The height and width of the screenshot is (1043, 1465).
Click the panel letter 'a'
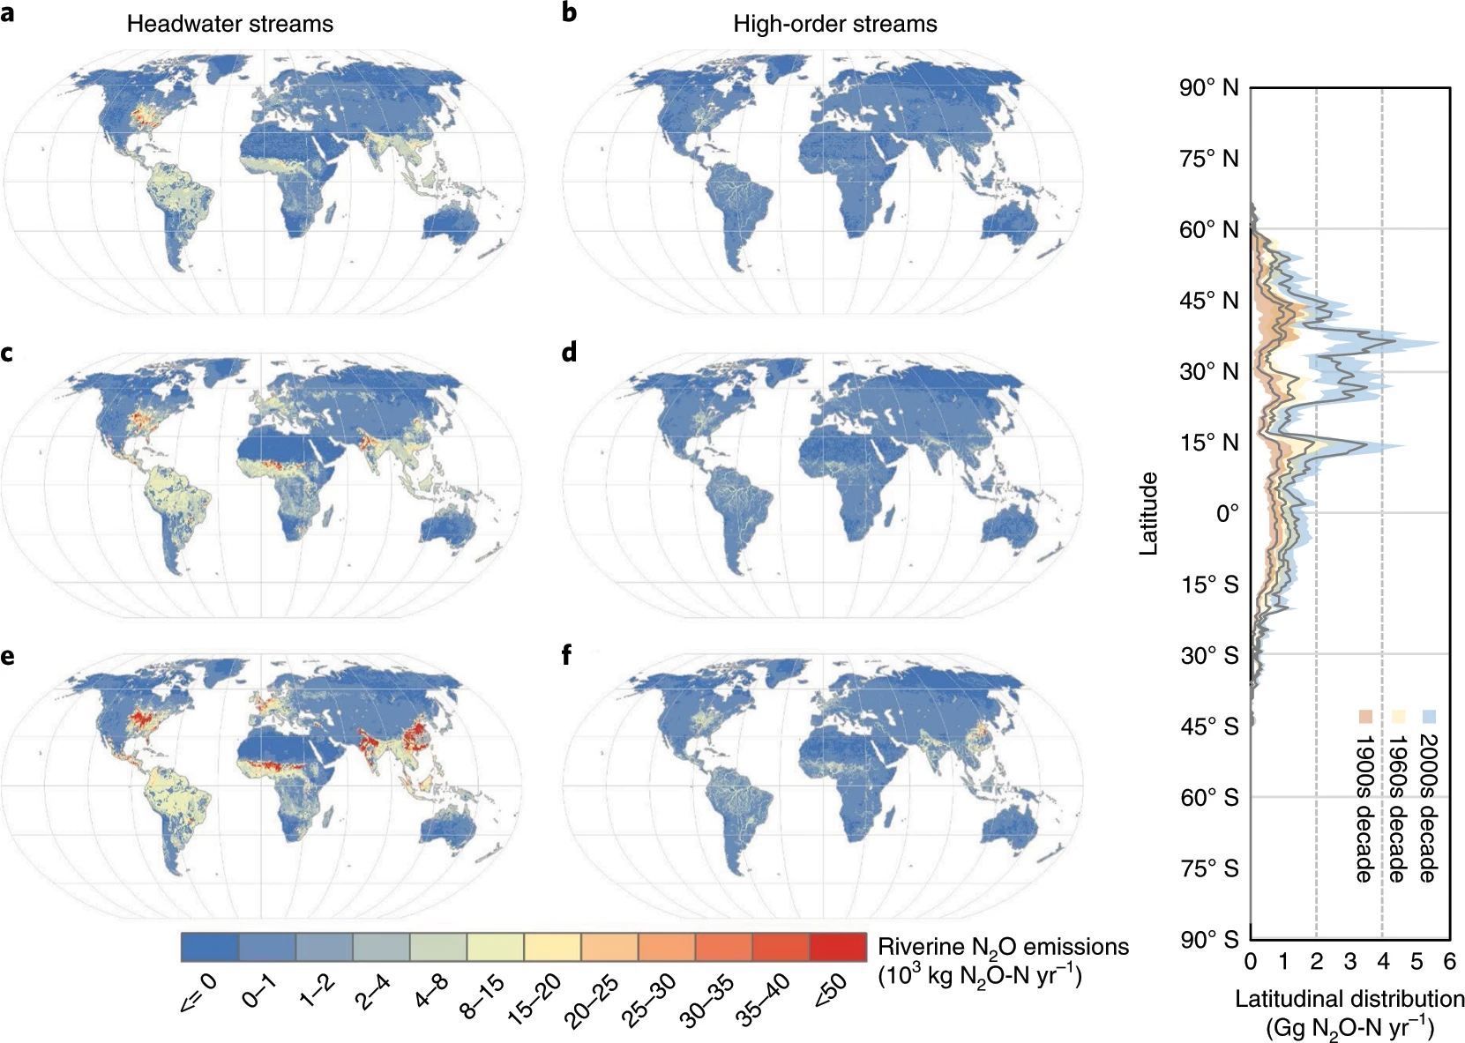pyautogui.click(x=7, y=13)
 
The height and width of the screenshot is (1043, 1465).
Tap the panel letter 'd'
pyautogui.click(x=569, y=353)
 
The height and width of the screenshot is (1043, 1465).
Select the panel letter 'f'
pyautogui.click(x=567, y=655)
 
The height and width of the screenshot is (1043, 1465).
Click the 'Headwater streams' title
pyautogui.click(x=230, y=24)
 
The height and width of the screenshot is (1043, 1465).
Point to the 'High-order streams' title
pyautogui.click(x=834, y=24)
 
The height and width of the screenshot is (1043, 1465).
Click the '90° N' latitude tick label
pyautogui.click(x=1208, y=88)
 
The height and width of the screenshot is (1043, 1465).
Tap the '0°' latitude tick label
pyautogui.click(x=1227, y=513)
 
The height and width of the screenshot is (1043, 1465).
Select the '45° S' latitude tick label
pyautogui.click(x=1209, y=726)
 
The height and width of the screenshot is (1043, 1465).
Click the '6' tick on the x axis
pyautogui.click(x=1449, y=961)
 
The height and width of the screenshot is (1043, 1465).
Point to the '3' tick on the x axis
pyautogui.click(x=1350, y=961)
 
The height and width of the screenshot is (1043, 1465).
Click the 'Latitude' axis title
pyautogui.click(x=1148, y=513)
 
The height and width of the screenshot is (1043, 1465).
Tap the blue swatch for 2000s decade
pyautogui.click(x=1429, y=717)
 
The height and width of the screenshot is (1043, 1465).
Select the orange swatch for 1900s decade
pyautogui.click(x=1364, y=717)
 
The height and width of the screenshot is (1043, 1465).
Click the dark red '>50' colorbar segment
pyautogui.click(x=837, y=947)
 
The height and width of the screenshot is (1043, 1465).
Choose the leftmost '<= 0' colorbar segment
pyautogui.click(x=209, y=947)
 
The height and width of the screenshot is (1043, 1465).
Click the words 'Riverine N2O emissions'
pyautogui.click(x=1003, y=947)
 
